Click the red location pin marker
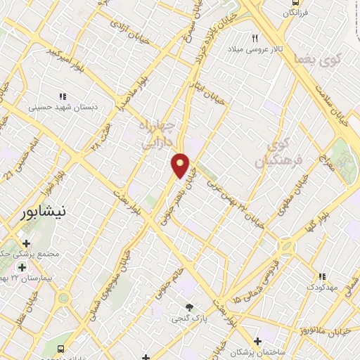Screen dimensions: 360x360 pyautogui.click(x=181, y=165)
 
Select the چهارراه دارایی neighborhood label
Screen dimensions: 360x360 pyautogui.click(x=161, y=134)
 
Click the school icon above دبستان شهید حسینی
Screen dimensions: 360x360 pyautogui.click(x=63, y=96)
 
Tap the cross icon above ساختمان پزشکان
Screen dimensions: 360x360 pyautogui.click(x=258, y=340)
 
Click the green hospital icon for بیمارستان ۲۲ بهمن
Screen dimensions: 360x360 pyautogui.click(x=22, y=267)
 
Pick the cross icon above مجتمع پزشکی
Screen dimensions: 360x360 pyautogui.click(x=26, y=243)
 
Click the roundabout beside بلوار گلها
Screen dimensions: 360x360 pyautogui.click(x=287, y=248)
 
